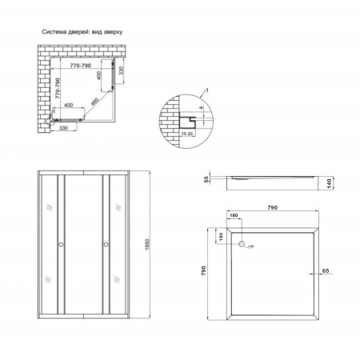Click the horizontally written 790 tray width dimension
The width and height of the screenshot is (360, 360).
(273, 208)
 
